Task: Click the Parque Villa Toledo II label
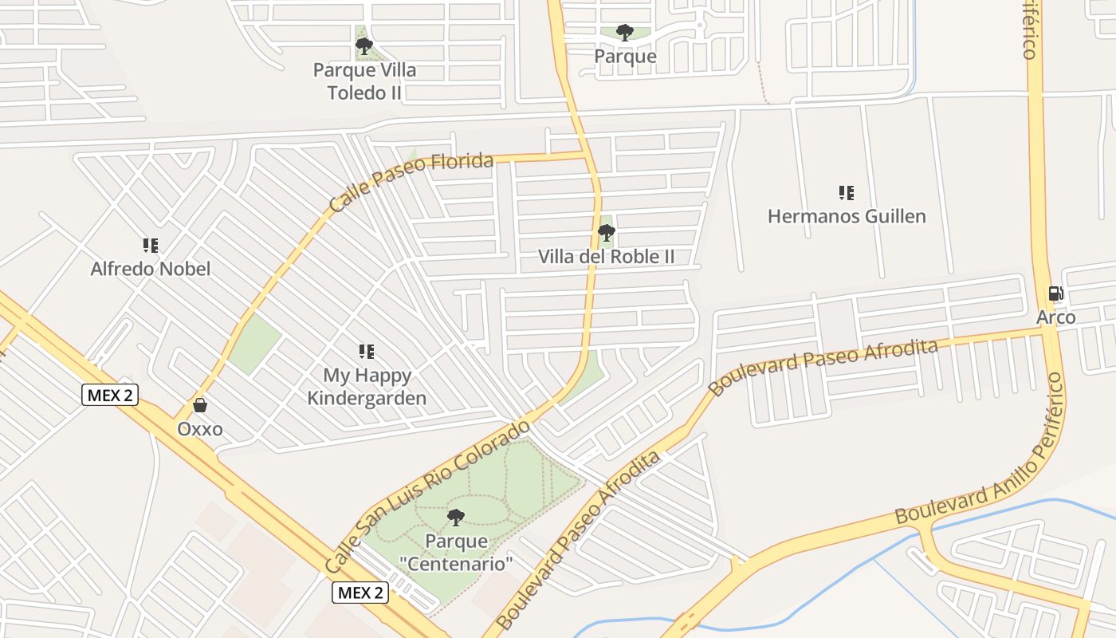(364, 81)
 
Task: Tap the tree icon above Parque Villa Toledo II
(364, 46)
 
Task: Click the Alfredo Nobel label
(151, 269)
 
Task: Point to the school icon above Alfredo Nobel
(151, 245)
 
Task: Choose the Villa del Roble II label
(606, 257)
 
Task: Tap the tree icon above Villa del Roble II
(606, 233)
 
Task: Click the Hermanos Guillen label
(847, 216)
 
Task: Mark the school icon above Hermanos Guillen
(847, 192)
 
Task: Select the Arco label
(1055, 317)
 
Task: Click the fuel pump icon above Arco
(1055, 293)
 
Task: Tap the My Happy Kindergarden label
(367, 387)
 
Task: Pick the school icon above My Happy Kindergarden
(367, 351)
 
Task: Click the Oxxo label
(199, 430)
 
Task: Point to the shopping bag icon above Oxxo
(199, 406)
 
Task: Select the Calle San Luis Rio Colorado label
(428, 495)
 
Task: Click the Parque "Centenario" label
(456, 553)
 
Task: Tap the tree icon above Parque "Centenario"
(456, 518)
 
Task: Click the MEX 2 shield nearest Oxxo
(110, 395)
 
